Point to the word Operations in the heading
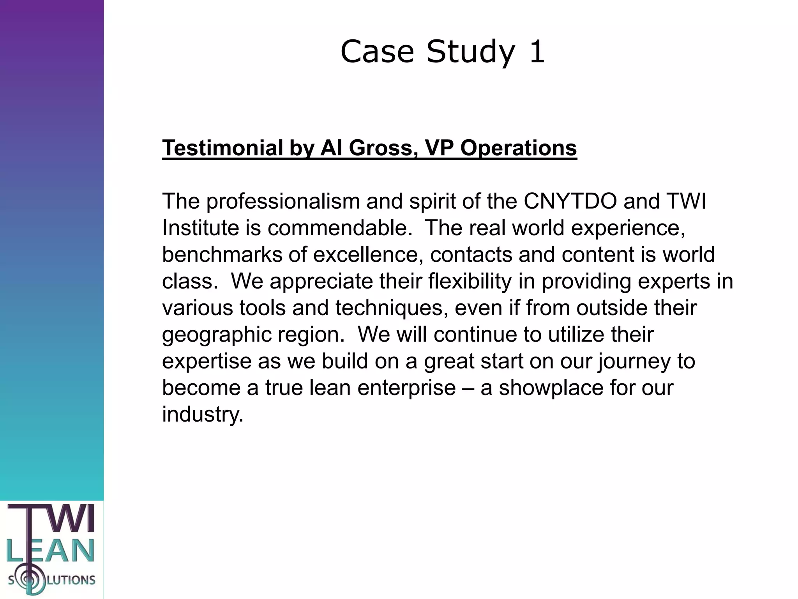tap(518, 148)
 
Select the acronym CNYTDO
tap(570, 202)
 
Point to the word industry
tap(202, 414)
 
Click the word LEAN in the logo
tap(51, 551)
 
